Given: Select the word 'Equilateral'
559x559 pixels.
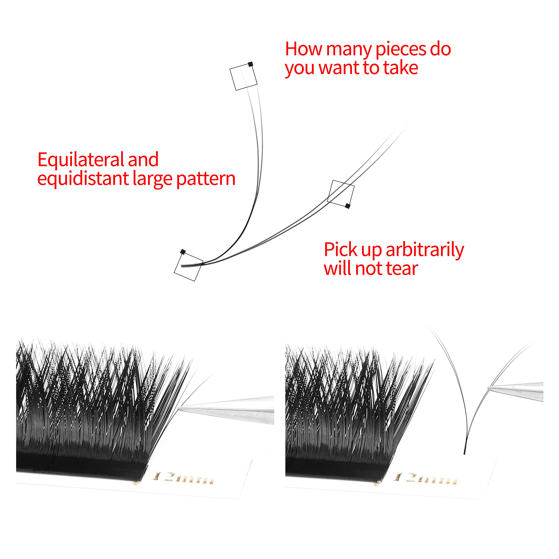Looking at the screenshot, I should click(x=80, y=160).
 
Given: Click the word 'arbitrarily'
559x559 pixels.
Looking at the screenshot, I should click(x=425, y=250).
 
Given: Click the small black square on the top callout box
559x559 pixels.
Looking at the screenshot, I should click(x=251, y=64).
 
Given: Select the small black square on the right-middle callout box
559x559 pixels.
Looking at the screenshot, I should click(x=348, y=206).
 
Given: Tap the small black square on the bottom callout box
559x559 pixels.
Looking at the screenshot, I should click(x=183, y=252).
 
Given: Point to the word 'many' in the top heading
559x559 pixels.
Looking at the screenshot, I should click(x=349, y=50).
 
